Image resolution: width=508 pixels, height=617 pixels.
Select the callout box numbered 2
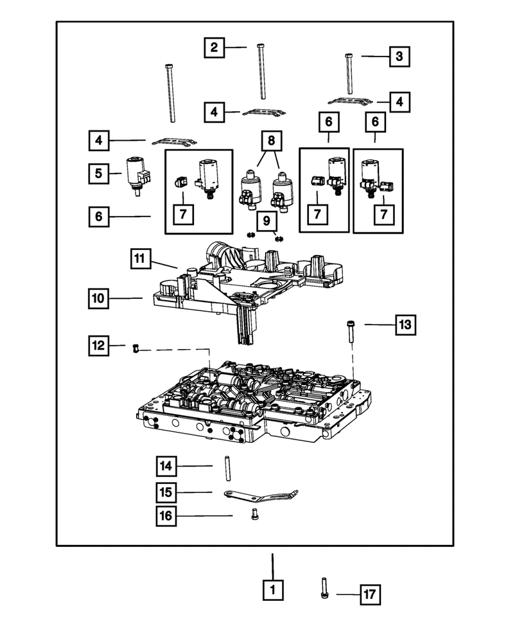pyautogui.click(x=215, y=47)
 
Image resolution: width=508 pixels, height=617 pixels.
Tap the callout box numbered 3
pyautogui.click(x=399, y=57)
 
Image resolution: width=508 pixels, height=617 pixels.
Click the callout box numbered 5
pyautogui.click(x=99, y=172)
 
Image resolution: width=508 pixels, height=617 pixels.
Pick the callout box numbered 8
pyautogui.click(x=270, y=140)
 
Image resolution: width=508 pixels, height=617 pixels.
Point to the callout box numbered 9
pyautogui.click(x=265, y=222)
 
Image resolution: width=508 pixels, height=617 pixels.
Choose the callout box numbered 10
pyautogui.click(x=99, y=298)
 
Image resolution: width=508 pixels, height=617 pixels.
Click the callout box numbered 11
pyautogui.click(x=141, y=259)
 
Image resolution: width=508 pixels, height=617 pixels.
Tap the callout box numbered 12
pyautogui.click(x=99, y=346)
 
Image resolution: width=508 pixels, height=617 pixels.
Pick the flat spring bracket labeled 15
pyautogui.click(x=260, y=496)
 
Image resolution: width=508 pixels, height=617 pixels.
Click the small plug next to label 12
pyautogui.click(x=136, y=348)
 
